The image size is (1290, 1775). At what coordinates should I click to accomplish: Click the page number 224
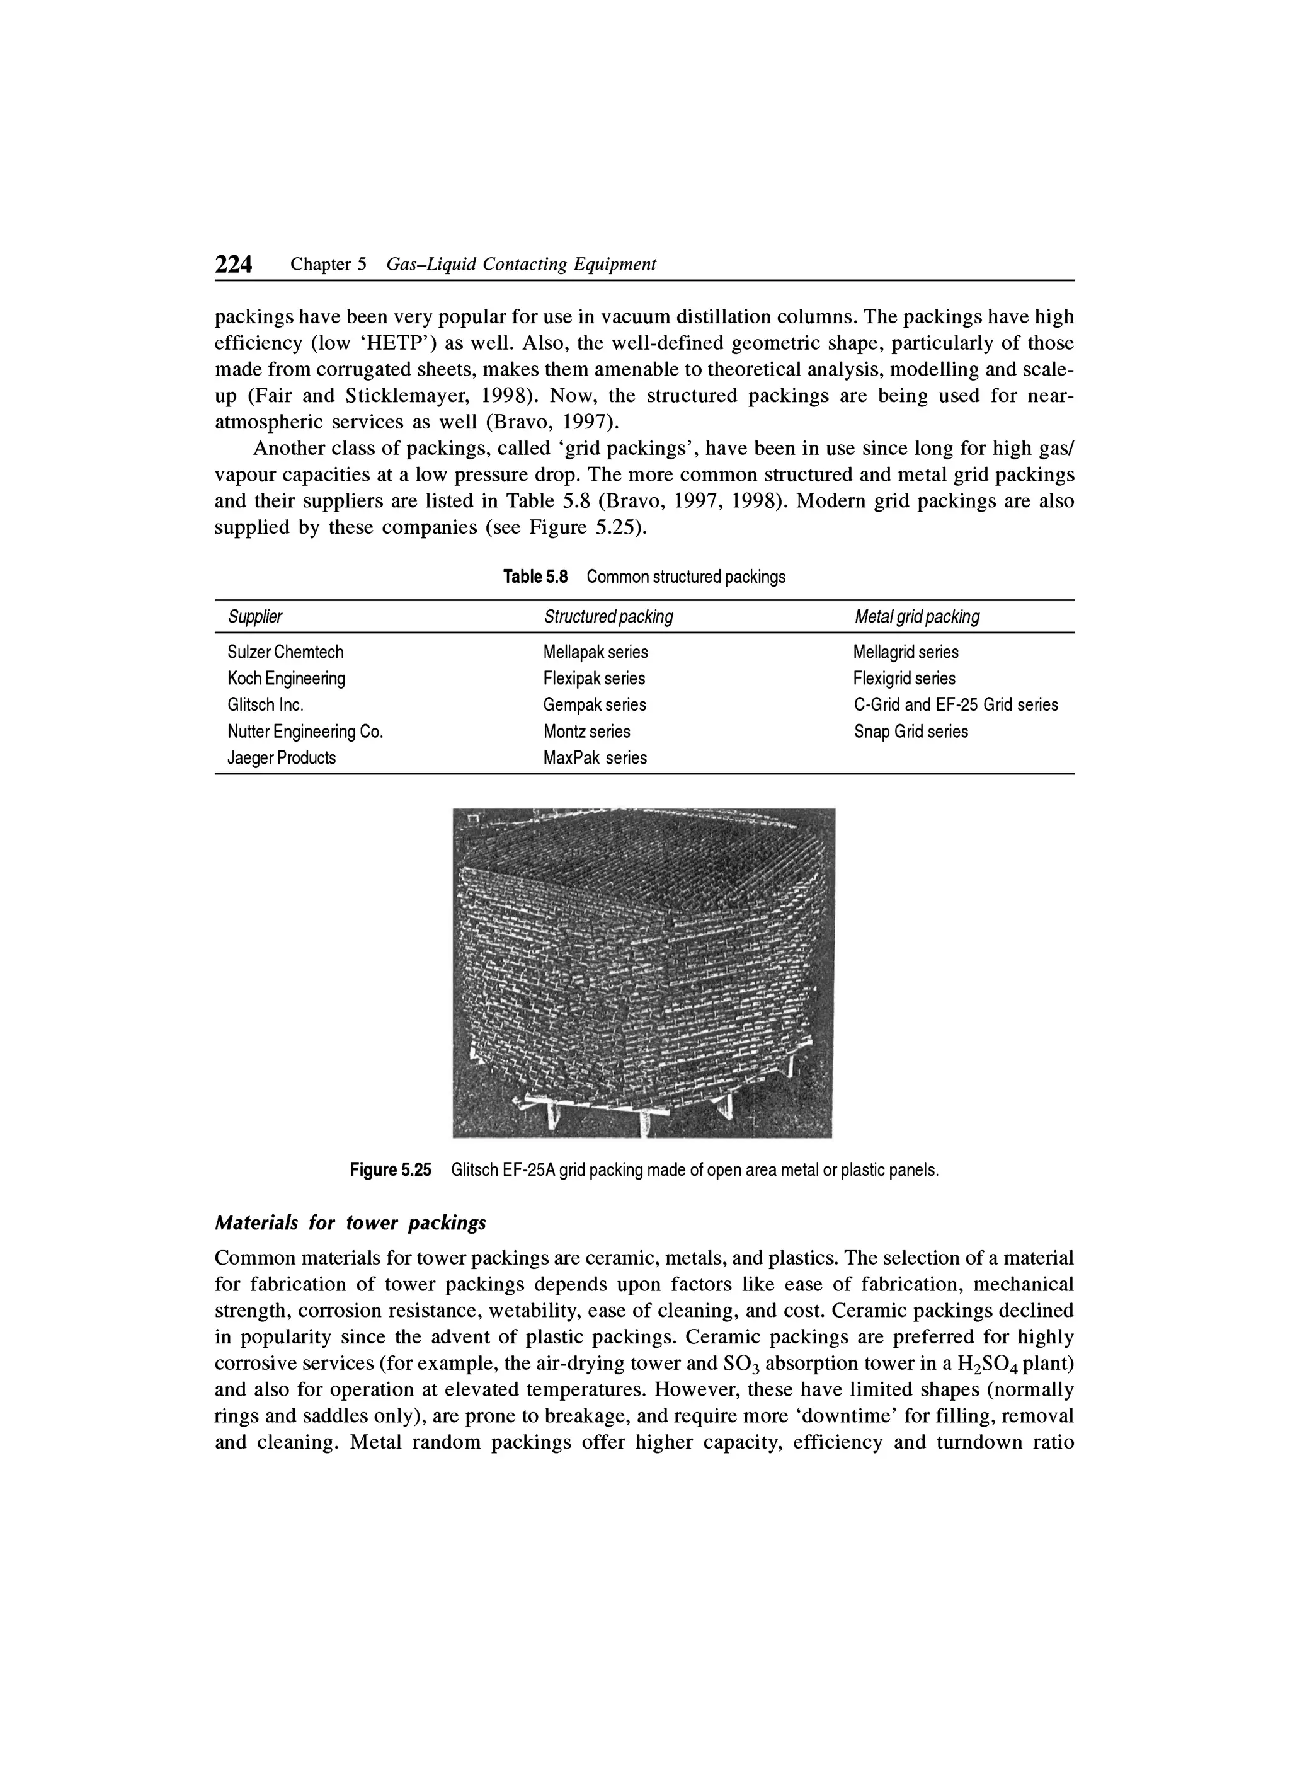click(233, 265)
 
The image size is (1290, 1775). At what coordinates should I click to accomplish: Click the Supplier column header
click(254, 617)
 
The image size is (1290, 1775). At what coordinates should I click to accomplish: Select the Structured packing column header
click(608, 617)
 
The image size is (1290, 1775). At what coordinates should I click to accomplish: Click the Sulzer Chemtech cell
click(285, 652)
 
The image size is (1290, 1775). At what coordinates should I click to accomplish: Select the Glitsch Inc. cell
click(265, 704)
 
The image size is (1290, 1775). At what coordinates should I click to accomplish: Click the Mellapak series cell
click(595, 652)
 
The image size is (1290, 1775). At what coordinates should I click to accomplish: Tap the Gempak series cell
click(595, 704)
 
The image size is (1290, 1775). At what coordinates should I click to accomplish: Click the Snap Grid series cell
click(911, 732)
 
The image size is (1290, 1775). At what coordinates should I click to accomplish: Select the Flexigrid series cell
click(905, 678)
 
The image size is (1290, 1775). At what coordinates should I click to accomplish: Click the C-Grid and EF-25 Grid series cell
click(955, 704)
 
